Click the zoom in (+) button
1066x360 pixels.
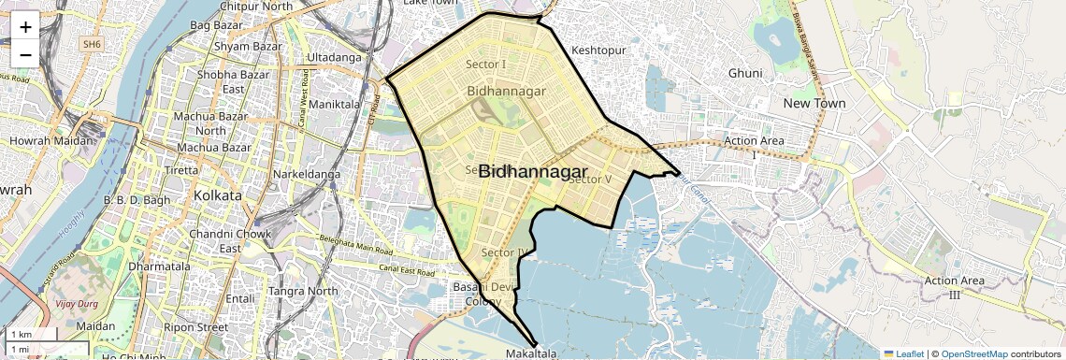(25, 26)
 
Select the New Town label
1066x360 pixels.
(814, 103)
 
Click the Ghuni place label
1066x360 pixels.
(745, 73)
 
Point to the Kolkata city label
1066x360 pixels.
(216, 195)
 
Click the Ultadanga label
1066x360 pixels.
(334, 57)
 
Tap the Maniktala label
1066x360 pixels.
(339, 104)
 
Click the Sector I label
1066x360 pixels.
(485, 64)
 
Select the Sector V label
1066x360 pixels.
(589, 179)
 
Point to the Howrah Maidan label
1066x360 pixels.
(52, 140)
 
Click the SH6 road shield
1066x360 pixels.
(91, 44)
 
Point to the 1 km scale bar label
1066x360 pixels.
(21, 335)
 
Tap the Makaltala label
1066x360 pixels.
(531, 354)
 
